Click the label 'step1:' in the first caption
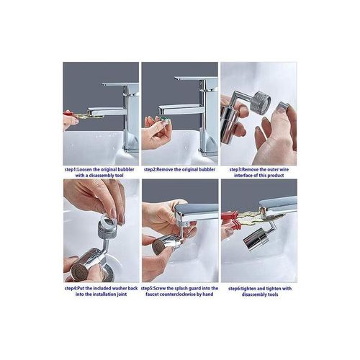pyautogui.click(x=72, y=170)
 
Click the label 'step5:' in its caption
pyautogui.click(x=151, y=289)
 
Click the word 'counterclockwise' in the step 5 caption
pyautogui.click(x=184, y=296)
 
